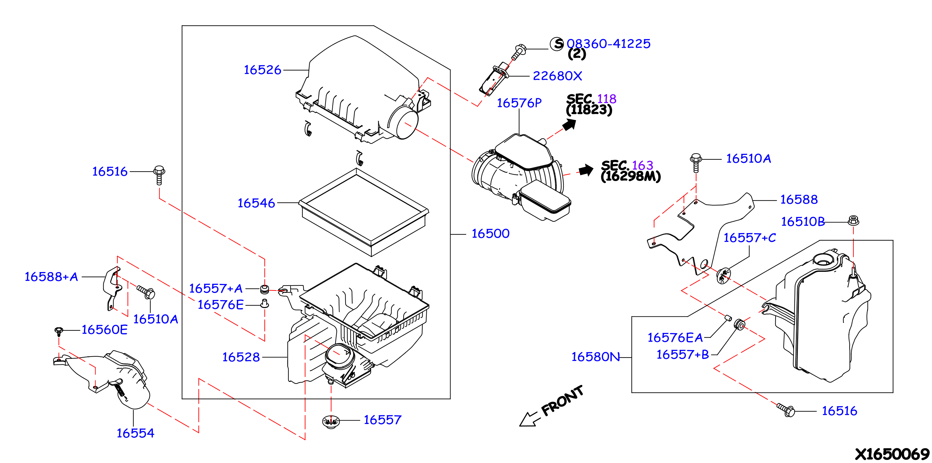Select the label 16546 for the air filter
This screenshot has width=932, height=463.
pyautogui.click(x=256, y=203)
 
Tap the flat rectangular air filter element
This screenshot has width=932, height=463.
pyautogui.click(x=364, y=212)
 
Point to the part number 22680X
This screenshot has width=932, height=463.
pyautogui.click(x=557, y=76)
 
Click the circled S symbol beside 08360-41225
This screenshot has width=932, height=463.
pyautogui.click(x=557, y=44)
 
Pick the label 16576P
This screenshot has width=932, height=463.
pyautogui.click(x=519, y=103)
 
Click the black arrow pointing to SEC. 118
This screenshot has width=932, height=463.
pyautogui.click(x=570, y=125)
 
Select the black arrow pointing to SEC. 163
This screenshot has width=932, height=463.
pyautogui.click(x=586, y=170)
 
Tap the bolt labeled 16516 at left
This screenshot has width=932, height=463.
pyautogui.click(x=159, y=175)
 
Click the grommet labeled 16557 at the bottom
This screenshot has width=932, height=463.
pyautogui.click(x=331, y=422)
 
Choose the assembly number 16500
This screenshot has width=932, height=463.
pyautogui.click(x=490, y=234)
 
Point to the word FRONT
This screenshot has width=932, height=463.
pyautogui.click(x=562, y=401)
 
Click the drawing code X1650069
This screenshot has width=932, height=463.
pyautogui.click(x=892, y=454)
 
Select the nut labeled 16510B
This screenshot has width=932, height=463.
pyautogui.click(x=853, y=220)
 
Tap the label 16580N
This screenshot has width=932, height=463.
pyautogui.click(x=596, y=357)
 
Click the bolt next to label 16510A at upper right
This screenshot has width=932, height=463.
pyautogui.click(x=696, y=163)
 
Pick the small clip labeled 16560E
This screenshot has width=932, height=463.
pyautogui.click(x=59, y=331)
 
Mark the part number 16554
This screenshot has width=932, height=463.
pyautogui.click(x=135, y=433)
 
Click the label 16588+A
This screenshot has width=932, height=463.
pyautogui.click(x=52, y=277)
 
